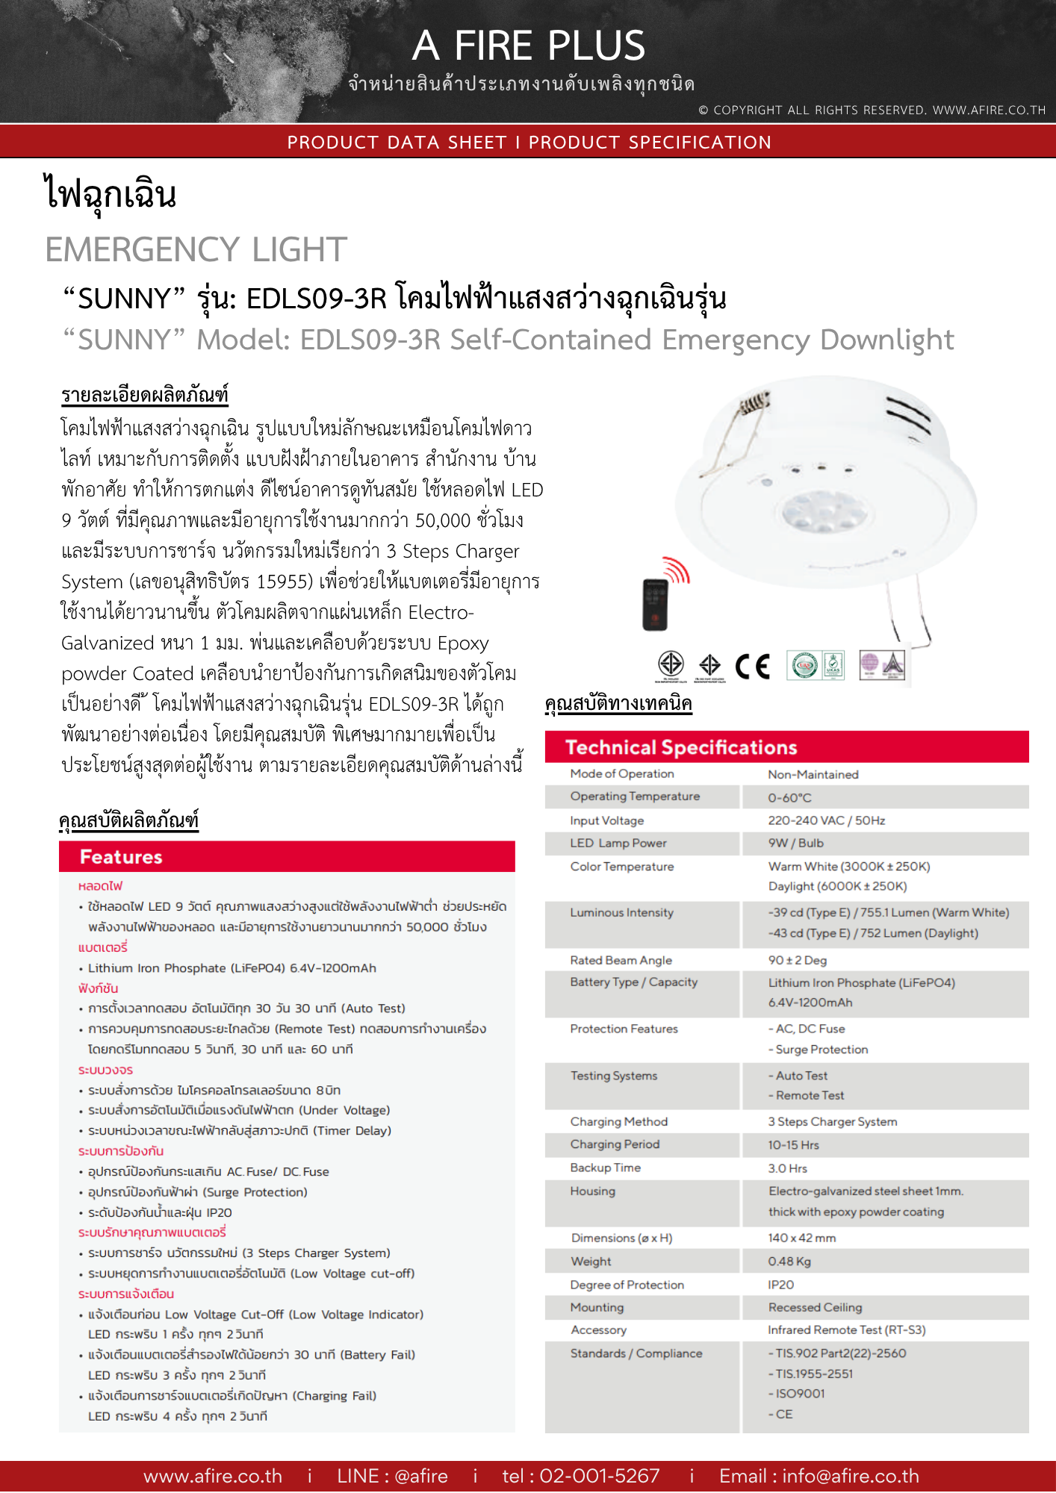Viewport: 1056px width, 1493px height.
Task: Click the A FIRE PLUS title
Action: click(x=528, y=46)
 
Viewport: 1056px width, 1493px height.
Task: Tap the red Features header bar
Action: click(x=287, y=857)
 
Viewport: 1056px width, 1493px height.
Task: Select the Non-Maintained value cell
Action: click(x=813, y=775)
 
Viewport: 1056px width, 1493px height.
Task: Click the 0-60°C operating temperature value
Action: click(x=789, y=798)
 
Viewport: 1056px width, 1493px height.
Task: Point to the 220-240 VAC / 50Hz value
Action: click(x=826, y=821)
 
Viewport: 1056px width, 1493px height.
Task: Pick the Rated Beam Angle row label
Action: click(x=621, y=961)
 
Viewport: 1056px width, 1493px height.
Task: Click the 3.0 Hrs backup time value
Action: click(x=787, y=1168)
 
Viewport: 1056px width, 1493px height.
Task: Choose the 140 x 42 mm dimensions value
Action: click(x=801, y=1238)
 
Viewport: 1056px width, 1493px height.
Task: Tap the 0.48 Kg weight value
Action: click(x=789, y=1262)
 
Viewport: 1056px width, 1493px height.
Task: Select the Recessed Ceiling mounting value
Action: click(x=815, y=1308)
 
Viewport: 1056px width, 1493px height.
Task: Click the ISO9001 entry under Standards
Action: click(x=800, y=1394)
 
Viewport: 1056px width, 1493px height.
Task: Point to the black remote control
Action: click(x=655, y=604)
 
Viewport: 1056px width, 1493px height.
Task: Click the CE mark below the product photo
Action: click(x=752, y=666)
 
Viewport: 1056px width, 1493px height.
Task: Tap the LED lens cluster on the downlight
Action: click(x=825, y=512)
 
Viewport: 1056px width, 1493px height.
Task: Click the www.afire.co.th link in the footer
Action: click(x=213, y=1476)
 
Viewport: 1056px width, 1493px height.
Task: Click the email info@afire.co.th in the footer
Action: click(x=851, y=1476)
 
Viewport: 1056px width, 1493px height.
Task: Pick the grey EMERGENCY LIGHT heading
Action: click(x=196, y=249)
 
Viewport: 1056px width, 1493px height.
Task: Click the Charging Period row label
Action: click(x=615, y=1145)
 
